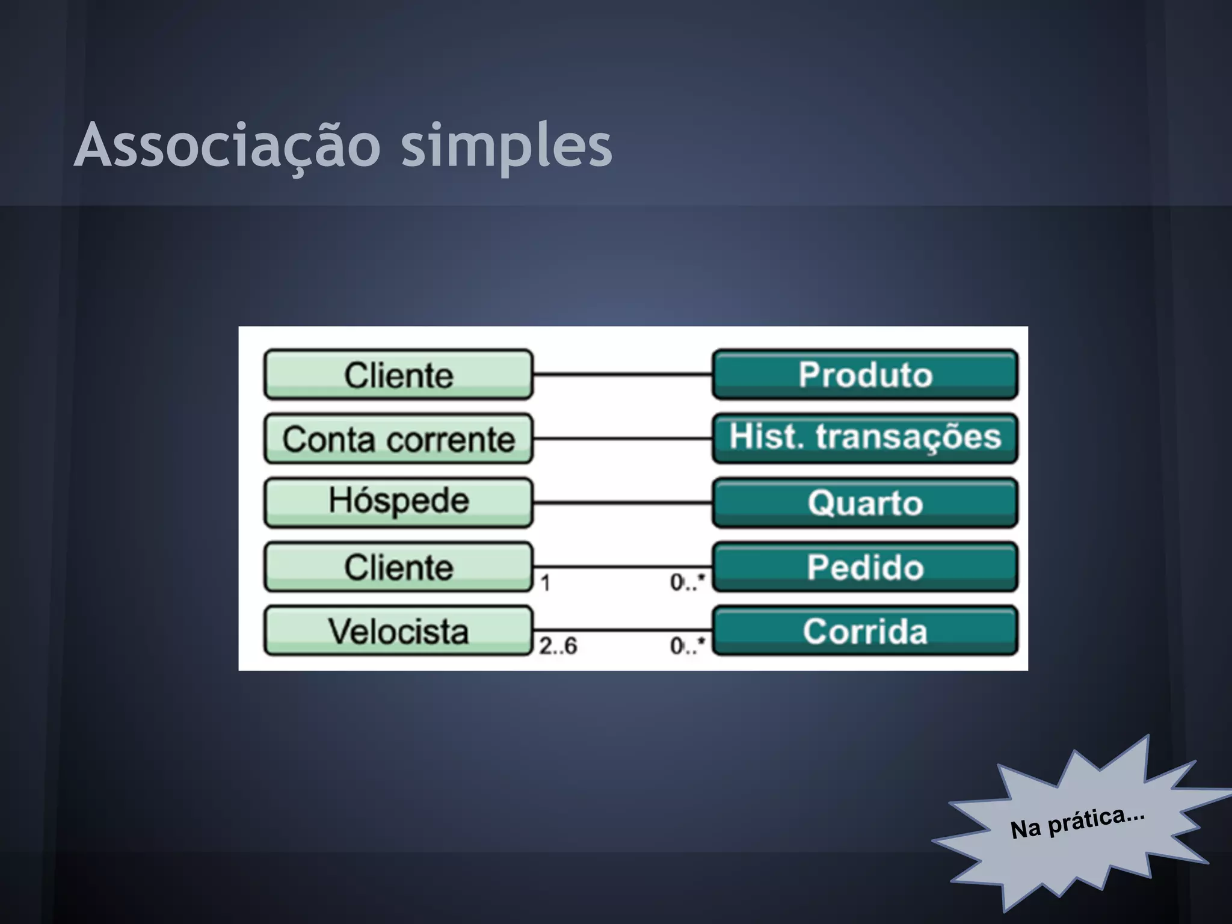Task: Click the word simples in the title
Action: click(507, 146)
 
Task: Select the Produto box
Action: click(865, 374)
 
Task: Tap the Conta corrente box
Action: click(398, 439)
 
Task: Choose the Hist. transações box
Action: click(865, 437)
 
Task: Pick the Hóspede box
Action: click(398, 502)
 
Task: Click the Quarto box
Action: click(865, 502)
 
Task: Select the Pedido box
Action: click(865, 567)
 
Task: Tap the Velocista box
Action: click(398, 631)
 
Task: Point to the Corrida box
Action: click(865, 631)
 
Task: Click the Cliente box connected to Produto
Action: click(398, 374)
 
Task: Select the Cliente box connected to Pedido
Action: click(398, 567)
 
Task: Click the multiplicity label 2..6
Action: click(558, 646)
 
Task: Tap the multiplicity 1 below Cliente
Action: click(545, 583)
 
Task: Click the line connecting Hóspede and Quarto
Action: click(623, 502)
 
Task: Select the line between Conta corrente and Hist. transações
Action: click(623, 439)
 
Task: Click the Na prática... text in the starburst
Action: click(1077, 823)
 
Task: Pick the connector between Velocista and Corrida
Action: click(623, 630)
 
